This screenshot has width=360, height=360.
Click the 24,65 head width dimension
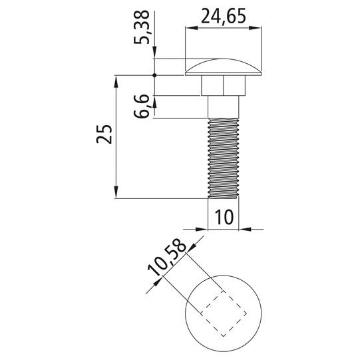pos(224,16)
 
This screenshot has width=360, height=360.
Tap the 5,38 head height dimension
pos(142,27)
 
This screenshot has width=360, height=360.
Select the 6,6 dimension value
pos(142,106)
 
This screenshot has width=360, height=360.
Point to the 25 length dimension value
pos(104,134)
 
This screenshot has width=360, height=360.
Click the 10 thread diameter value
pos(224,217)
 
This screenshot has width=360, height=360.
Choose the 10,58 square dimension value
pos(167,257)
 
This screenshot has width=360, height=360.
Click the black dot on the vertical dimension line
pos(154,75)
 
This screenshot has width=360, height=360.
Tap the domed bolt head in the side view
pos(223,67)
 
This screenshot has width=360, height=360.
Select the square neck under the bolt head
pos(223,85)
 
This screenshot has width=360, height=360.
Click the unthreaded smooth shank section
pos(223,106)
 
